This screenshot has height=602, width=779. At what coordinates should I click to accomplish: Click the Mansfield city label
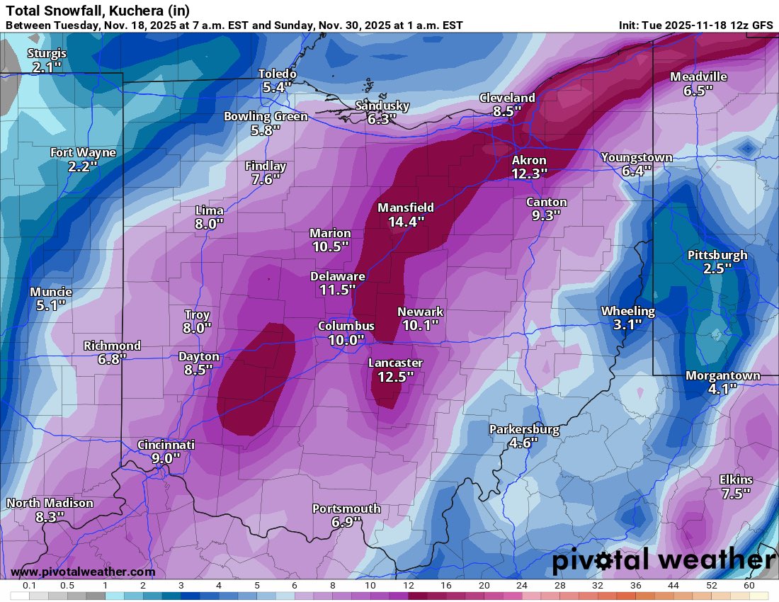click(405, 208)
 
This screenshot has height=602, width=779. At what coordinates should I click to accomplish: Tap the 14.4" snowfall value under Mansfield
click(406, 222)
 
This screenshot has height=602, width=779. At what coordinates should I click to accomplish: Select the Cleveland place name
click(506, 98)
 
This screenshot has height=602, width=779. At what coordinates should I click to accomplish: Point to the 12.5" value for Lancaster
click(395, 377)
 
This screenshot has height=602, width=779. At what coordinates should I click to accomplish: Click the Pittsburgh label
click(717, 255)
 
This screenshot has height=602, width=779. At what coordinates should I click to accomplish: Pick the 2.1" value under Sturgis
click(47, 68)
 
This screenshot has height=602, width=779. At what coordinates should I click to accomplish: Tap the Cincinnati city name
click(166, 445)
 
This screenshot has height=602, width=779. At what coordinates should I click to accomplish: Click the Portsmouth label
click(346, 509)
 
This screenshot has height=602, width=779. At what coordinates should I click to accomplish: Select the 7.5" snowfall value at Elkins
click(735, 494)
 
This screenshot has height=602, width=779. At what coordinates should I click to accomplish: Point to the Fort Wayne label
click(82, 152)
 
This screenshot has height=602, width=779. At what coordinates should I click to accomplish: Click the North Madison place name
click(50, 503)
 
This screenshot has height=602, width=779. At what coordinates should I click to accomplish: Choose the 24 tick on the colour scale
click(521, 586)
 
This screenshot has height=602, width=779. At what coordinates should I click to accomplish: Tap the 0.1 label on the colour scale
click(29, 586)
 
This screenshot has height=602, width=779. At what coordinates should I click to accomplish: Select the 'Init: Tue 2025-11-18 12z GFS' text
click(695, 25)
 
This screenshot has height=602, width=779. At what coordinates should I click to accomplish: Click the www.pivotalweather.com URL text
click(83, 572)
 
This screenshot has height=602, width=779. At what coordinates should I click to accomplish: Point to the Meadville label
click(698, 76)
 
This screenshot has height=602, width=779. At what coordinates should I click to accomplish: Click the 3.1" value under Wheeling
click(627, 324)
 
